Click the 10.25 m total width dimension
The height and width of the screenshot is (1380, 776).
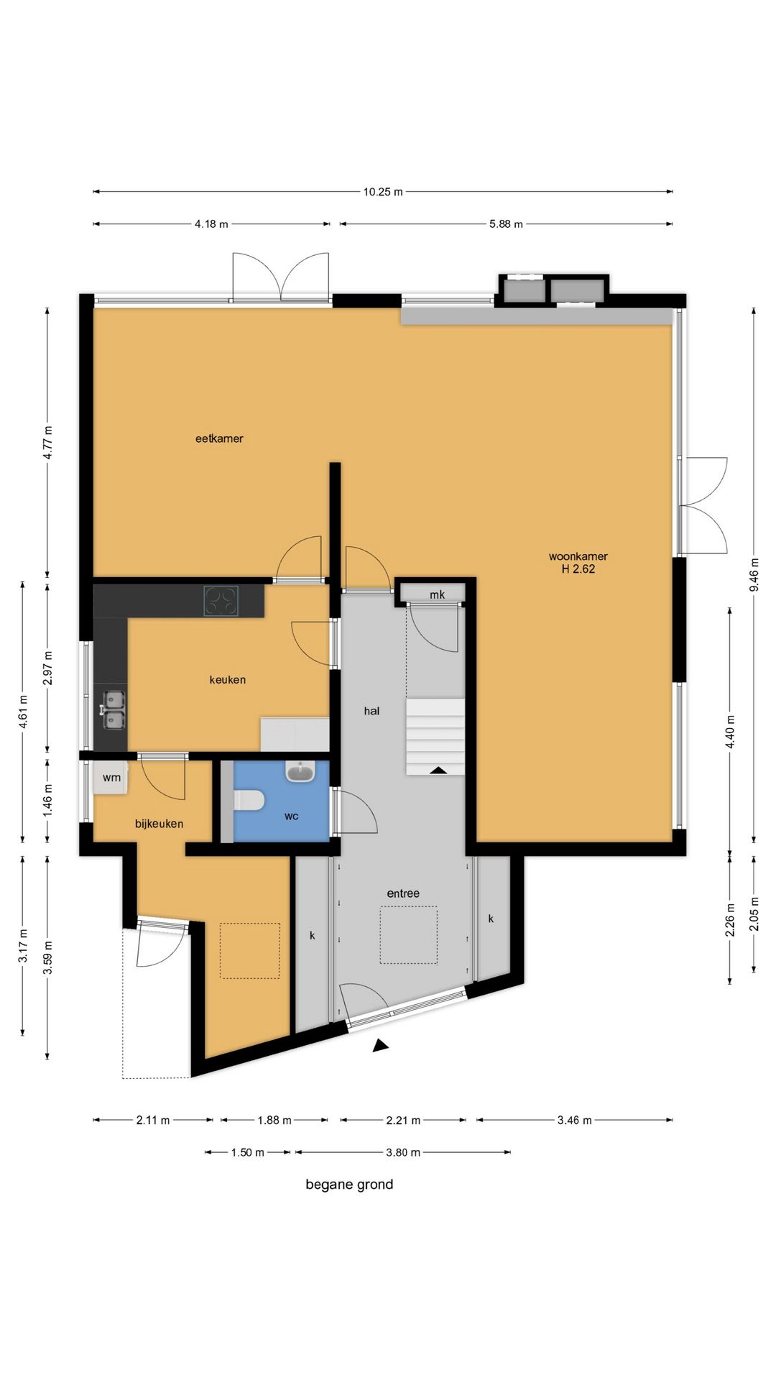pyautogui.click(x=382, y=192)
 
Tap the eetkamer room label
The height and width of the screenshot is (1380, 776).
pyautogui.click(x=219, y=438)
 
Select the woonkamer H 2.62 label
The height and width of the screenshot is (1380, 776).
pyautogui.click(x=578, y=562)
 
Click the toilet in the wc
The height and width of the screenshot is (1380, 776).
pyautogui.click(x=249, y=800)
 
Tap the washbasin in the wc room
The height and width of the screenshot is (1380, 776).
pyautogui.click(x=300, y=772)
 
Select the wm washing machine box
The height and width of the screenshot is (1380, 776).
pyautogui.click(x=111, y=778)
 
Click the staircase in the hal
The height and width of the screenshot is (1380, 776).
pyautogui.click(x=435, y=736)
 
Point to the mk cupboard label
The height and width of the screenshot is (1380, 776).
pyautogui.click(x=437, y=594)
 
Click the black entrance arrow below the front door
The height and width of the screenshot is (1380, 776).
pyautogui.click(x=380, y=1046)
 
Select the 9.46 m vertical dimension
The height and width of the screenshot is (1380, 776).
pyautogui.click(x=754, y=575)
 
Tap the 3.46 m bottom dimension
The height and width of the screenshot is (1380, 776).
pyautogui.click(x=574, y=1120)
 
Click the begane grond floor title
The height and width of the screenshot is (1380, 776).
pyautogui.click(x=349, y=1184)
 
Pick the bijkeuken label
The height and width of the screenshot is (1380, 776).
pyautogui.click(x=159, y=824)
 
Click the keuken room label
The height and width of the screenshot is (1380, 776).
pyautogui.click(x=227, y=679)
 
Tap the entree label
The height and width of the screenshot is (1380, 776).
pyautogui.click(x=403, y=893)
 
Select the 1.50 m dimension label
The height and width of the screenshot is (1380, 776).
pyautogui.click(x=247, y=1152)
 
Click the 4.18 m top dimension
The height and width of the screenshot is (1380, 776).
pyautogui.click(x=211, y=224)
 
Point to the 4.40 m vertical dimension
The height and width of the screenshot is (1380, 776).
pyautogui.click(x=730, y=732)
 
